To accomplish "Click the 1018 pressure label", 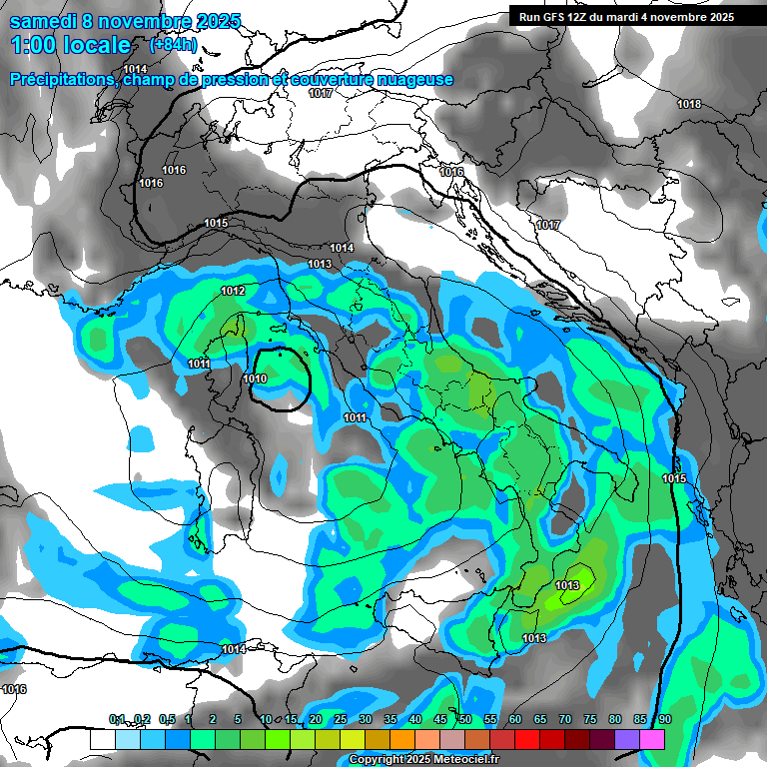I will pos(689,105).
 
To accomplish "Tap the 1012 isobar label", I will pos(233,291).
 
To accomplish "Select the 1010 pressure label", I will pos(255,380).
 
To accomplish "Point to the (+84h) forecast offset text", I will pos(172,45).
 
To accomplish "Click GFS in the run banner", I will pos(555,17).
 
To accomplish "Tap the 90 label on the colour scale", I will pos(664,719).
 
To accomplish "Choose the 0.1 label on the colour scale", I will pos(117,719).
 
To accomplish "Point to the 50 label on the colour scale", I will pos(465,719).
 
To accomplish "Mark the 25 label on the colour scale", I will pos(341,719).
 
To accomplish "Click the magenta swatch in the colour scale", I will pos(653,739).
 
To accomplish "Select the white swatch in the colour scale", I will pos(102,739).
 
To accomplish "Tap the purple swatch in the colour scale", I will pos(628,739).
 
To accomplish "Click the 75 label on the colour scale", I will pos(590,719).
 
